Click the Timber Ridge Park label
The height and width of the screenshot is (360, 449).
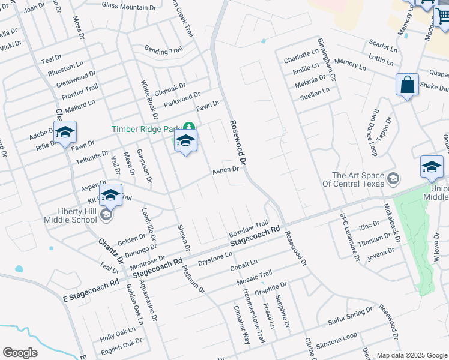(146, 129)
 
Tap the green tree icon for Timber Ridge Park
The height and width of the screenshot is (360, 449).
(189, 127)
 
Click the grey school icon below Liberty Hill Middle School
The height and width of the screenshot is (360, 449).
(106, 215)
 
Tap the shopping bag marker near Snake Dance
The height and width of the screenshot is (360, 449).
(407, 85)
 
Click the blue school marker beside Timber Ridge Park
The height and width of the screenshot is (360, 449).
(185, 142)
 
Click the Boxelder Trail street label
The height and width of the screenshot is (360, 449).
(248, 228)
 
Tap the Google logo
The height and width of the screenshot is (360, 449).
(20, 353)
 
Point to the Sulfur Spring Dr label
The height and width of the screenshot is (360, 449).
(350, 316)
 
